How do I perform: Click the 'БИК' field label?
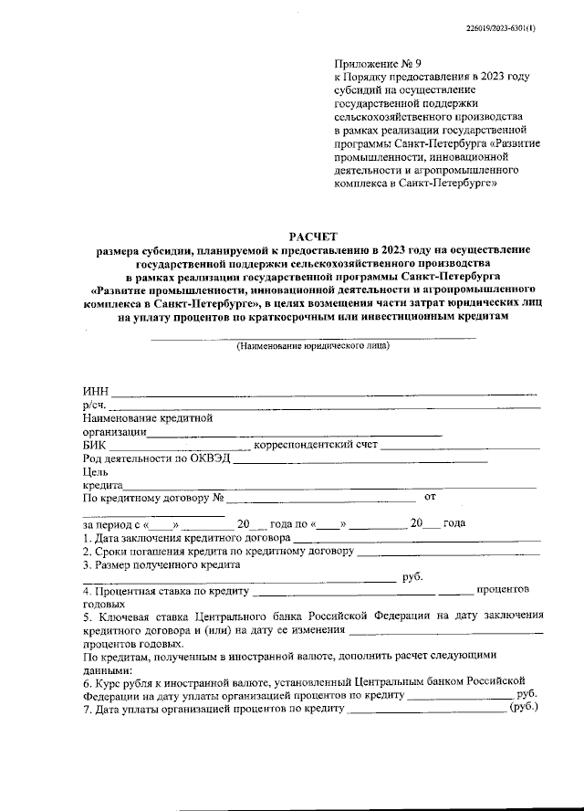tap(94, 446)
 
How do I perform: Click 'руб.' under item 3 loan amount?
tap(412, 577)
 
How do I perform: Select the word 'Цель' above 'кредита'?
tap(96, 472)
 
